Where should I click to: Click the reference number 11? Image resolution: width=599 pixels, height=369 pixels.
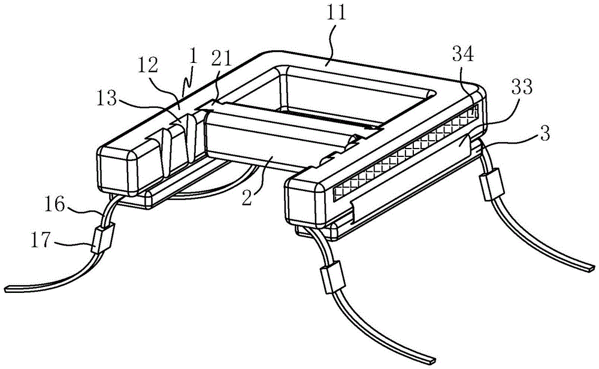pos(337,14)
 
